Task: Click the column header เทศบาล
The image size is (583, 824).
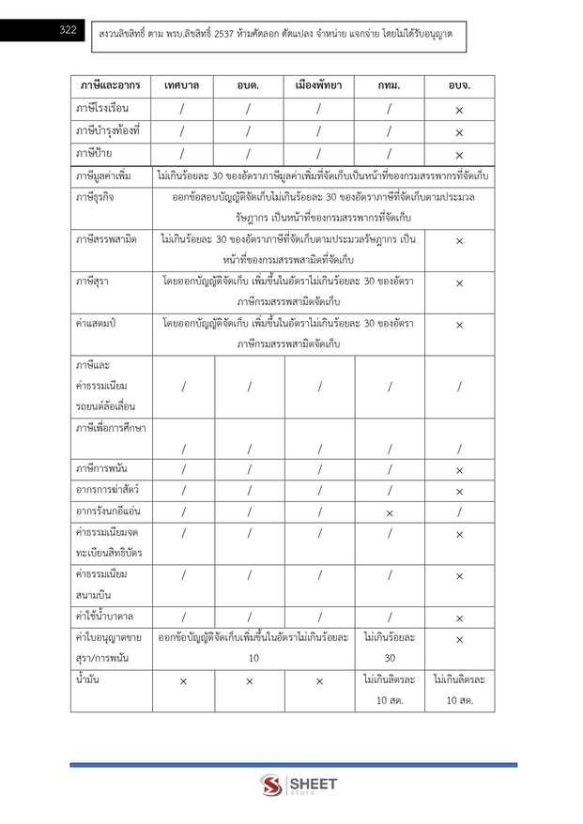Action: click(x=183, y=85)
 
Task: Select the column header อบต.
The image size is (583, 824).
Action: click(x=249, y=85)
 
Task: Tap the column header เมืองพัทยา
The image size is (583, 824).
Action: click(x=318, y=85)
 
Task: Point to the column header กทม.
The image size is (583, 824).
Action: click(x=389, y=85)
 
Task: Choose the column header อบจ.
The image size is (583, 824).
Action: click(x=459, y=85)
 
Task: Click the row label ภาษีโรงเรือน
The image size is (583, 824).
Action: click(x=108, y=109)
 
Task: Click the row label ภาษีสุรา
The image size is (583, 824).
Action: click(x=96, y=282)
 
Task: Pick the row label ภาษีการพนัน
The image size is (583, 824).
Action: click(x=103, y=467)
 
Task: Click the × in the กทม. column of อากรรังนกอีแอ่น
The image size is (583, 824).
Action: click(x=389, y=512)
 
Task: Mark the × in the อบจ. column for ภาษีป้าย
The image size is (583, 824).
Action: click(x=459, y=155)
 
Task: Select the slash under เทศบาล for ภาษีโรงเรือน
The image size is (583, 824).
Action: click(x=183, y=110)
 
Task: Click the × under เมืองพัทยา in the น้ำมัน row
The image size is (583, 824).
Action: click(x=319, y=681)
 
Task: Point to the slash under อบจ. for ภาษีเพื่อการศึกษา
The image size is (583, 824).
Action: click(x=459, y=449)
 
